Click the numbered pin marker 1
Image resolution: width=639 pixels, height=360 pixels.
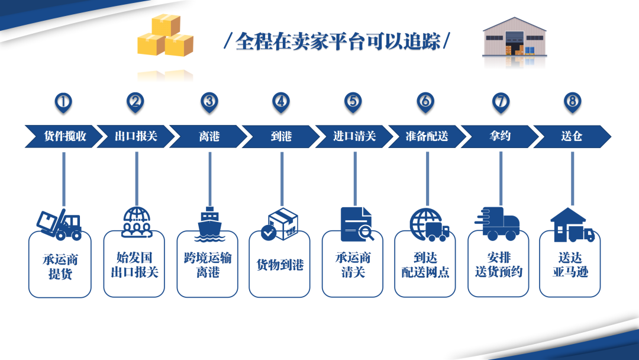point(63,102)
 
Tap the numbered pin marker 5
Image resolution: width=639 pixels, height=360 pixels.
point(353,102)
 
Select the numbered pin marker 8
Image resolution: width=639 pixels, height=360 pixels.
point(572,102)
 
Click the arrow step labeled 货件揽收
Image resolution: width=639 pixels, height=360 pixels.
point(64,136)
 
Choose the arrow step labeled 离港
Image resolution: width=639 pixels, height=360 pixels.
point(209,136)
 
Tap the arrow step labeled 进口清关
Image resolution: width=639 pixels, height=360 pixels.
point(354,136)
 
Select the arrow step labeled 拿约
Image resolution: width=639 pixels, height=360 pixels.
point(500,136)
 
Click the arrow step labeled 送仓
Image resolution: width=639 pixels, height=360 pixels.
point(572,136)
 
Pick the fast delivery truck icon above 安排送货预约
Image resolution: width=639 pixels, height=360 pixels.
point(498,224)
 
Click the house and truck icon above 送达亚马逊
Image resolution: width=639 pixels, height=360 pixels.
point(572,225)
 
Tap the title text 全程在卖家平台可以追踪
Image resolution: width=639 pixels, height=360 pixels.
point(337,42)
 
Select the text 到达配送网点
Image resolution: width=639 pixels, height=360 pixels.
point(425,265)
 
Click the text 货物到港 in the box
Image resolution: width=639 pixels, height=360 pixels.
point(280,265)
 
